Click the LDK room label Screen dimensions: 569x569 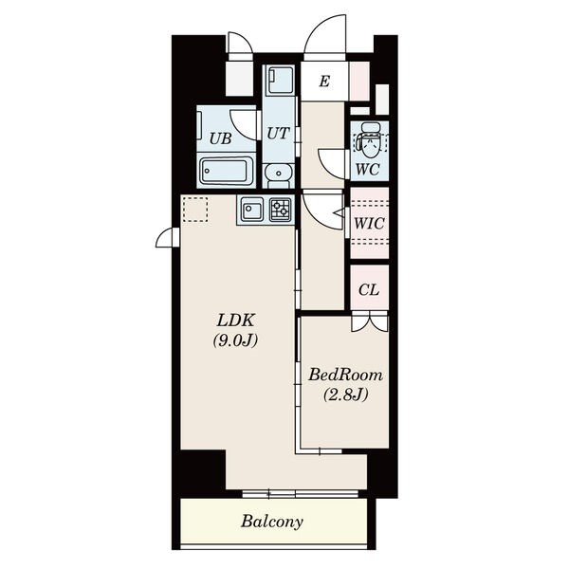point(236,321)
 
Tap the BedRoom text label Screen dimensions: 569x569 point(345,375)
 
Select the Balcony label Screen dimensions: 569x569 point(272,522)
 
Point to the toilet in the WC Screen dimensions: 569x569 point(370,140)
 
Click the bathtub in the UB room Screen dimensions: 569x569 point(227,172)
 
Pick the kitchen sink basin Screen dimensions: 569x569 point(252,209)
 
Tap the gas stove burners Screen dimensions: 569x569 point(281,209)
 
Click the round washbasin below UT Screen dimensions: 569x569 point(278,174)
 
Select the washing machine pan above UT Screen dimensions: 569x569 point(281,81)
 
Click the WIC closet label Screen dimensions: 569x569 point(369,223)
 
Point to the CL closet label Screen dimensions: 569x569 point(369,290)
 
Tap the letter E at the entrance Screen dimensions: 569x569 point(324,82)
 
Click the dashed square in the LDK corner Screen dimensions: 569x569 point(195,210)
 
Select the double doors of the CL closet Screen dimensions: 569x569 point(370,321)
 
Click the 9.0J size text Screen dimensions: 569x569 point(235,340)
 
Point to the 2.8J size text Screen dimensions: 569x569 point(345,395)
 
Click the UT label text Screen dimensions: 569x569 point(278,134)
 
